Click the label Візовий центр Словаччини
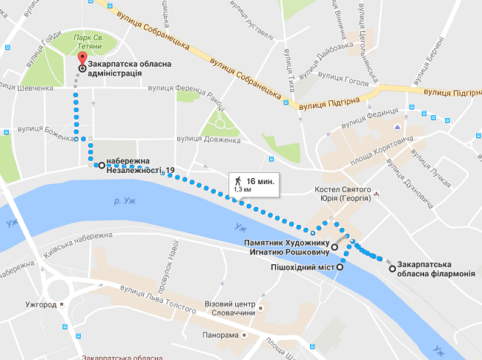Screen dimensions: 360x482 pyautogui.click(x=229, y=309)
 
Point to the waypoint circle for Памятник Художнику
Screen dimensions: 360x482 pyautogui.click(x=334, y=246)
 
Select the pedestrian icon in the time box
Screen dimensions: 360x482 pyautogui.click(x=238, y=181)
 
